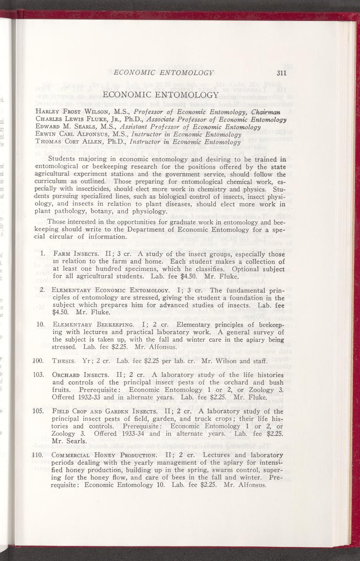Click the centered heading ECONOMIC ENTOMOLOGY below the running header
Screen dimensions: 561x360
click(161, 95)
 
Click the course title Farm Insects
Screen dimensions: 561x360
click(74, 254)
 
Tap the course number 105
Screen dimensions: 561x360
click(38, 411)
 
